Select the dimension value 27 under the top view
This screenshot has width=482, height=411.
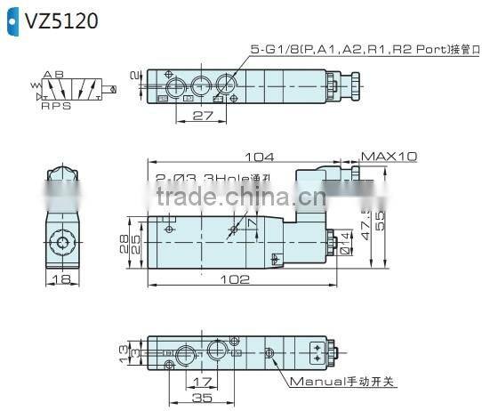tap(202, 115)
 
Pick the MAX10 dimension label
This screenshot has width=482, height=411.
tap(389, 156)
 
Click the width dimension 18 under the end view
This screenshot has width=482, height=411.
tap(60, 279)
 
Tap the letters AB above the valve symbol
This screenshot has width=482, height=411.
tap(52, 74)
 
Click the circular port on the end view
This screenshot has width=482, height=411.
tap(63, 242)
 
